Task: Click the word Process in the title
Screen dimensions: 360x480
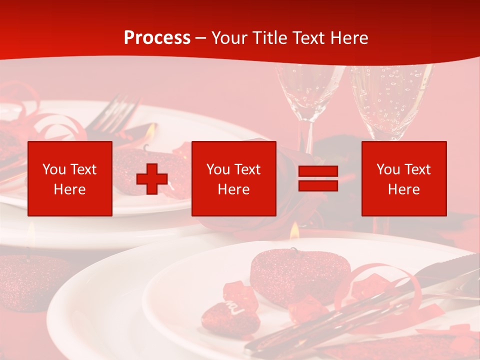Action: click(157, 38)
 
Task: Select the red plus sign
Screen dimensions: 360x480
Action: click(152, 178)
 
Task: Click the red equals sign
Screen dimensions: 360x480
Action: click(318, 178)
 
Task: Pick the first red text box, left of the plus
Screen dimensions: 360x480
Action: click(70, 178)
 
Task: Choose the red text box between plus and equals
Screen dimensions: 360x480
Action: click(233, 178)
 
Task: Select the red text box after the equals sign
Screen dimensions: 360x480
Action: click(403, 178)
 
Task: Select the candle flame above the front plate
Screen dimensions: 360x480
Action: click(294, 229)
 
